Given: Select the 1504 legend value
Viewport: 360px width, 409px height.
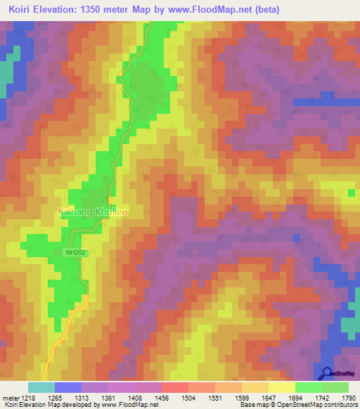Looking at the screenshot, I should pyautogui.click(x=188, y=397).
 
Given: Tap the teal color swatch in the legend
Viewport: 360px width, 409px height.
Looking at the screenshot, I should pyautogui.click(x=41, y=387).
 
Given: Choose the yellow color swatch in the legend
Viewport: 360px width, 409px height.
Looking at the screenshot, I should pyautogui.click(x=282, y=387).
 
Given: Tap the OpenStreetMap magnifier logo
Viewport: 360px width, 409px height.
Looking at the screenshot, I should pyautogui.click(x=328, y=374).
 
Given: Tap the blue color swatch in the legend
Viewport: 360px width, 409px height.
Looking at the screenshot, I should pyautogui.click(x=68, y=387).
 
